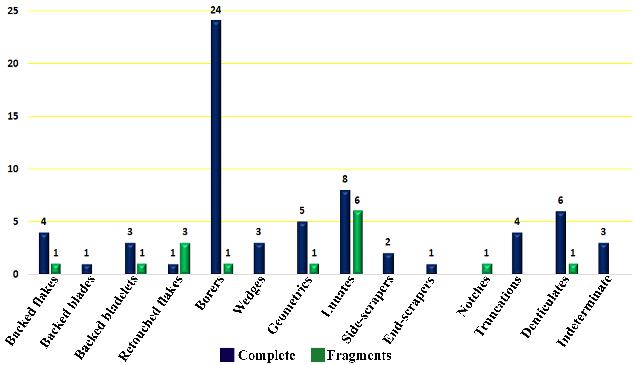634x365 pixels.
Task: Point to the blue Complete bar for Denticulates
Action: coord(561,242)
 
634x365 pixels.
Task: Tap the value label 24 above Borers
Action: coord(216,10)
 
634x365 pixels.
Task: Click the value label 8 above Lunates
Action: coord(345,179)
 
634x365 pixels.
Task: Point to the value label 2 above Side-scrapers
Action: coord(388,242)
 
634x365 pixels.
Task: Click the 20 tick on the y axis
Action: coord(13,64)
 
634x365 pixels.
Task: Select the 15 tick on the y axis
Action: coord(13,116)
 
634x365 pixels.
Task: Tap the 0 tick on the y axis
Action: coord(16,274)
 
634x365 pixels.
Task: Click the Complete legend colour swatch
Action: coord(227,355)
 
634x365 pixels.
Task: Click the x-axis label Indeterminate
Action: coord(584,312)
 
